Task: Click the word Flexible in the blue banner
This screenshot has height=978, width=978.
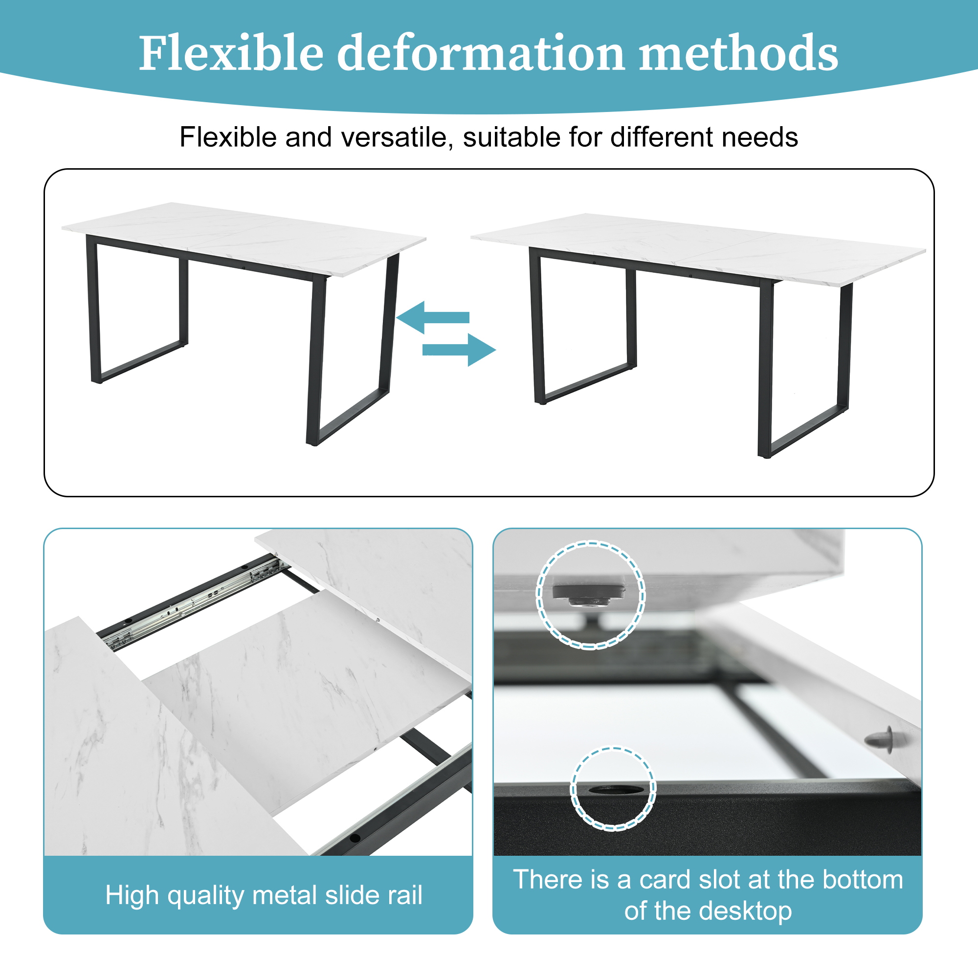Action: [x=231, y=53]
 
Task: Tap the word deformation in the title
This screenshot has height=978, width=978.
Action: [x=481, y=53]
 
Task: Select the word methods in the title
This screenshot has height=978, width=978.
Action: [x=738, y=53]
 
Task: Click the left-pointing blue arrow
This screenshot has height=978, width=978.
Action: [x=433, y=317]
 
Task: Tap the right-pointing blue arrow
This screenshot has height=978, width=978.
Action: [x=459, y=350]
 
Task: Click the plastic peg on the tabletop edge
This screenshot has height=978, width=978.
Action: [x=880, y=740]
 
